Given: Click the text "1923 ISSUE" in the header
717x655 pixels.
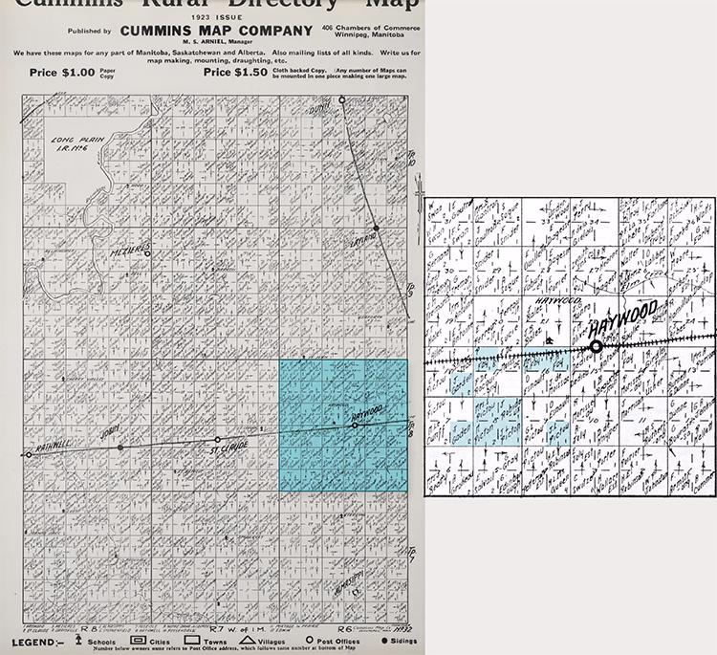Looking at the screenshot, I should click(215, 17).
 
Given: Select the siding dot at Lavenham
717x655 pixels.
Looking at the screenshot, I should click(378, 229).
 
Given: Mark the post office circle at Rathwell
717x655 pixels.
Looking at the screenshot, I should click(30, 455).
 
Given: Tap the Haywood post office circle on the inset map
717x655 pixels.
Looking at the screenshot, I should click(597, 347).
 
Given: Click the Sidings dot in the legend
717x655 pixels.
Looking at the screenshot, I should click(385, 640).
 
